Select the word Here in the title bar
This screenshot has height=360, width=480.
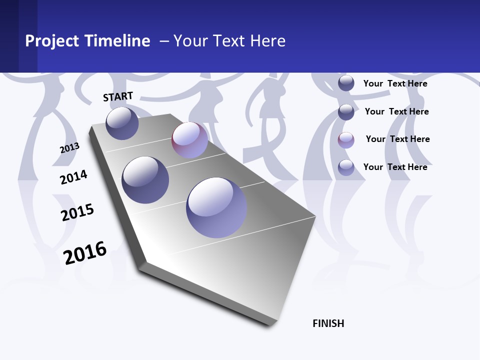[x=267, y=41]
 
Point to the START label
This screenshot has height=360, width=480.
[x=118, y=96]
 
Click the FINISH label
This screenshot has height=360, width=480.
[x=328, y=323]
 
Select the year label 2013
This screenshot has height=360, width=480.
[x=69, y=148]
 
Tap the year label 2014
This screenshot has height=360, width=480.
[x=73, y=177]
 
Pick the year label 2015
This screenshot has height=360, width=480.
[x=77, y=212]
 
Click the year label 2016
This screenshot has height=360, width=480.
[x=85, y=253]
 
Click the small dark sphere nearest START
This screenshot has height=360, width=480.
[x=122, y=123]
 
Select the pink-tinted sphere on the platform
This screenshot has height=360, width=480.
[x=189, y=140]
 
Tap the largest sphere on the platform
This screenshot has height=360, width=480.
[x=216, y=207]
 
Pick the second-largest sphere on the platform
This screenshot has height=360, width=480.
[x=145, y=180]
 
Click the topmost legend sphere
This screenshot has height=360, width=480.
[x=346, y=83]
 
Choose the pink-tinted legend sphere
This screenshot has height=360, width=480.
[x=346, y=140]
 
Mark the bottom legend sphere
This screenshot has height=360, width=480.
[x=346, y=167]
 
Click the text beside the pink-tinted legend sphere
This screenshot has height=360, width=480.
[x=397, y=139]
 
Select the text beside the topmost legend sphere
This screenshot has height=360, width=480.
[x=395, y=83]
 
